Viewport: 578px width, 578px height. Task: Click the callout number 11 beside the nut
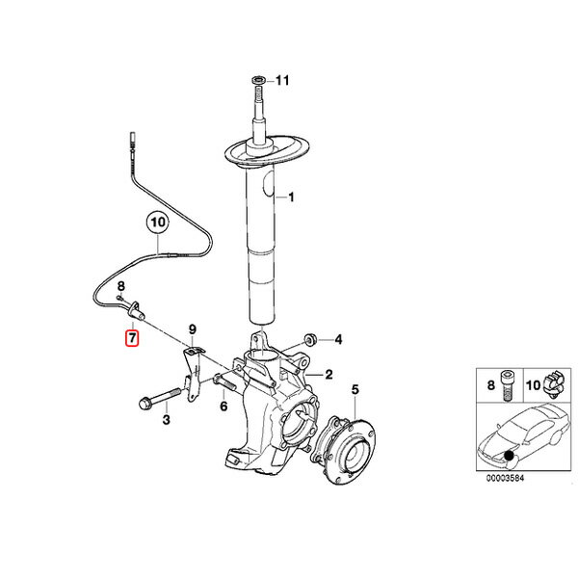tap(282, 80)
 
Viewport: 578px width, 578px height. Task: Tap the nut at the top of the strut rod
tap(258, 80)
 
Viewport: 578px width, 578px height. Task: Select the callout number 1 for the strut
tap(291, 197)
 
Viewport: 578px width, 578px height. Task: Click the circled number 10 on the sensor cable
tap(157, 223)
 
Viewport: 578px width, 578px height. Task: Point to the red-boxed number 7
tap(132, 338)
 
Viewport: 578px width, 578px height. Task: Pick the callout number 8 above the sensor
tap(121, 286)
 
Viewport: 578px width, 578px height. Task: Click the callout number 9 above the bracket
tap(193, 329)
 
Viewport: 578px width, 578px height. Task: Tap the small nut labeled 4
tap(308, 339)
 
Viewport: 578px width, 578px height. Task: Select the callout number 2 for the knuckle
tap(328, 375)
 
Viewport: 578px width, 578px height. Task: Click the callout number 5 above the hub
tap(355, 389)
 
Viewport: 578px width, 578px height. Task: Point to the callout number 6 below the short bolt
tap(223, 407)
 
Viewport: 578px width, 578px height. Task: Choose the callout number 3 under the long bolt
tap(167, 419)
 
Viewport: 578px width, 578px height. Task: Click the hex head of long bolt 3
tap(144, 403)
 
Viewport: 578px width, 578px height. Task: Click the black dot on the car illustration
tap(510, 456)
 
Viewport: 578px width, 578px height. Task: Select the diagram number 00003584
tap(505, 479)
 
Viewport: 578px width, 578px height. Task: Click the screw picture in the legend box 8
tap(506, 386)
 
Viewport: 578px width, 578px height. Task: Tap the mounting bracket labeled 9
tap(192, 373)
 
